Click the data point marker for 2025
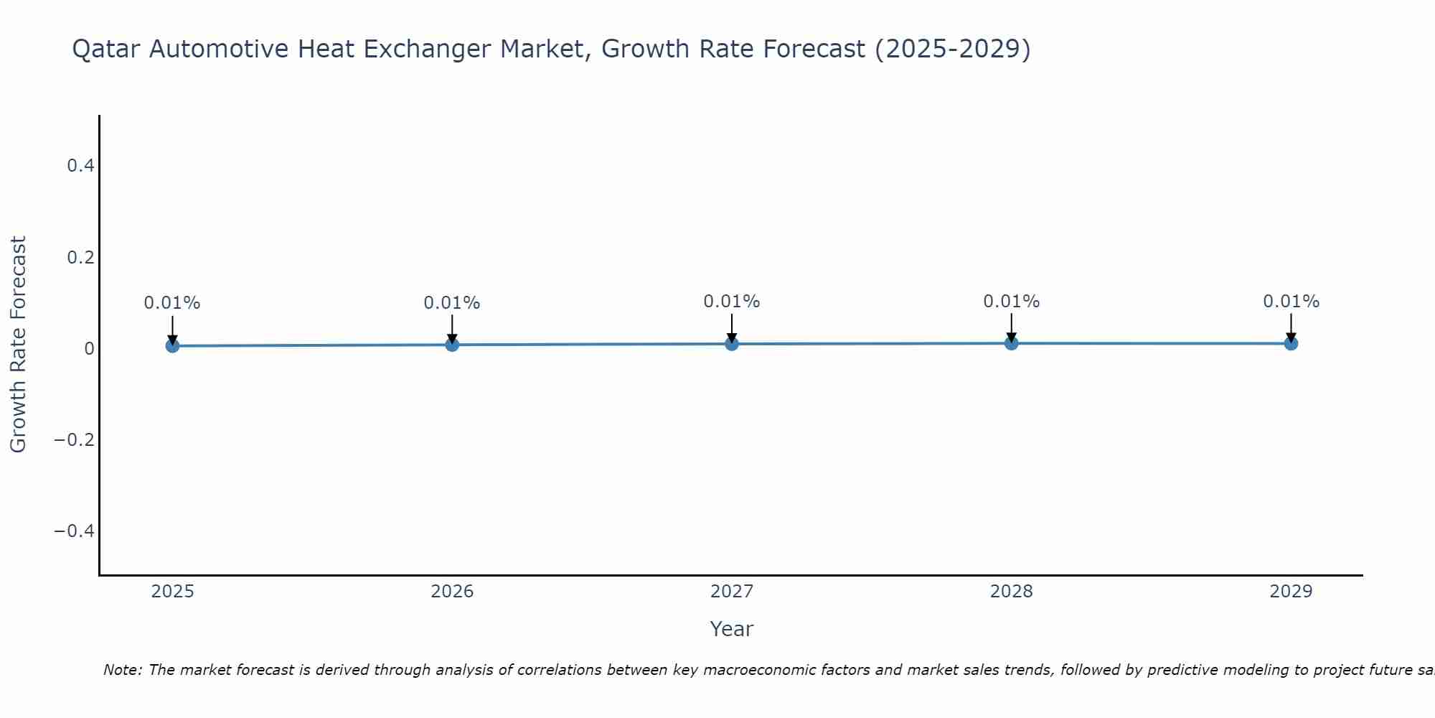point(172,345)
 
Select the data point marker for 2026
point(452,345)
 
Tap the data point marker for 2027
point(732,344)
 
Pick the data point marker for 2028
point(1012,343)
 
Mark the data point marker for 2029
point(1291,343)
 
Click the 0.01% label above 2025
point(172,303)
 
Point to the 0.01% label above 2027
point(732,302)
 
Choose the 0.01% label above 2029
point(1291,302)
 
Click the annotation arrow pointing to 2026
point(452,328)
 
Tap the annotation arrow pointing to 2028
point(1012,327)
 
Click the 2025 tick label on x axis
point(172,592)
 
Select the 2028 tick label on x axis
point(1012,592)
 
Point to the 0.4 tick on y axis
point(80,166)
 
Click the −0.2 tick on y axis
point(75,439)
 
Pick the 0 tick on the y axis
point(89,348)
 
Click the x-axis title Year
point(731,629)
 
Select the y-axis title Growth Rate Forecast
point(18,345)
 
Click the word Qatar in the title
point(108,50)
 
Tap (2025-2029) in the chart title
point(953,50)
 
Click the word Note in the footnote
point(122,670)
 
